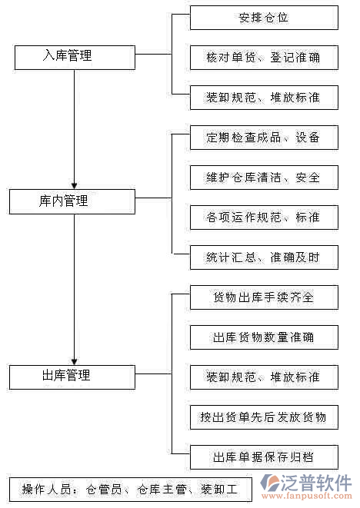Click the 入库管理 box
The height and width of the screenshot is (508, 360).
pos(74,55)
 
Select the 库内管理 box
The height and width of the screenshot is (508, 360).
pos(74,201)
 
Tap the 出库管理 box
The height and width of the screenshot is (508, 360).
pos(74,376)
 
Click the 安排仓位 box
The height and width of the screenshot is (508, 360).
pos(264,17)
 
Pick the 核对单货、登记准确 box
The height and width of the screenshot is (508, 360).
pos(264,57)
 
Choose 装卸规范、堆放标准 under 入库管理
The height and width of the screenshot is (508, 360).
pos(264,97)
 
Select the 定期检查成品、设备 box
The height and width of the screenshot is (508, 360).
pos(264,138)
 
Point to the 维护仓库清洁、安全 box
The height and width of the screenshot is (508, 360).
pos(264,178)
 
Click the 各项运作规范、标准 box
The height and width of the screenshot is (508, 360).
pos(264,217)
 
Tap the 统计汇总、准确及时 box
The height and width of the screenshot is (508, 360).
pos(264,257)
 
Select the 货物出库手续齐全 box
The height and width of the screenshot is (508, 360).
pos(264,297)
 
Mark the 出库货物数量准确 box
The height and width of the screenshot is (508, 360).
pos(264,337)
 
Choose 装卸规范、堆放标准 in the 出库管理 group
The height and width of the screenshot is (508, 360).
pos(264,377)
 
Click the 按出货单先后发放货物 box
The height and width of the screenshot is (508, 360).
pos(264,417)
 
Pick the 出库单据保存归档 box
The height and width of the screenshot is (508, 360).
pos(264,457)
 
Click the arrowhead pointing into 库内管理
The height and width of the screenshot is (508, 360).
pos(74,184)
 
